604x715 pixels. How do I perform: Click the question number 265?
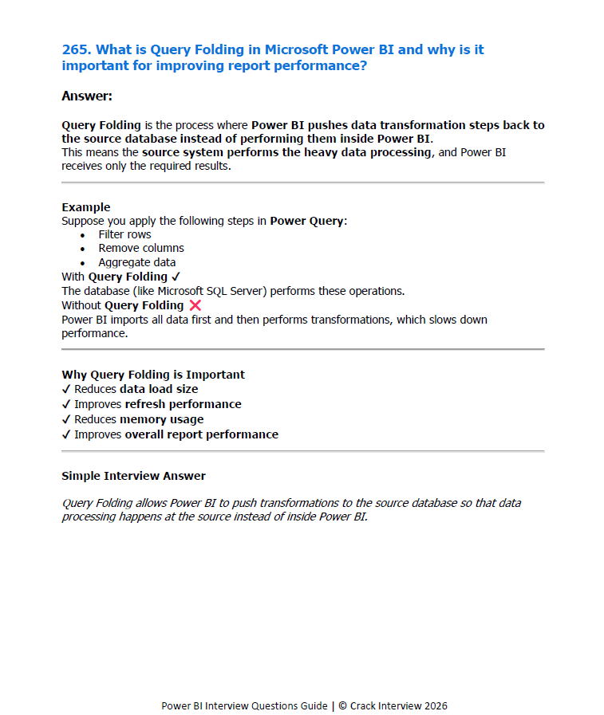[x=76, y=49]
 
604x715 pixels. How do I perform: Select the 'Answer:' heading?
[x=87, y=96]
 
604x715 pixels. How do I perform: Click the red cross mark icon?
[x=195, y=305]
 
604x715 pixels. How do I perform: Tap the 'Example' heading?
[x=86, y=207]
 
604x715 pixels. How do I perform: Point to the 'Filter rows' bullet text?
[x=124, y=234]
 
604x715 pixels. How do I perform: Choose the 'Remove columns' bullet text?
[x=141, y=248]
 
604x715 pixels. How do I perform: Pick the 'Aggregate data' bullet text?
[x=137, y=262]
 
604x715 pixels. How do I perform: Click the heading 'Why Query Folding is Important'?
[x=153, y=375]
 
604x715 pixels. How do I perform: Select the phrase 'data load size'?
[x=159, y=389]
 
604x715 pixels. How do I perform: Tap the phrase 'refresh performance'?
[x=183, y=404]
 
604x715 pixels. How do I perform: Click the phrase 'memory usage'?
[x=161, y=419]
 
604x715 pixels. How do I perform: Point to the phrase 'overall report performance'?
[x=201, y=434]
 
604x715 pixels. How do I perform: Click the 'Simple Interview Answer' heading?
[x=133, y=476]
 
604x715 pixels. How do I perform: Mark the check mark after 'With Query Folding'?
[x=176, y=277]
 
